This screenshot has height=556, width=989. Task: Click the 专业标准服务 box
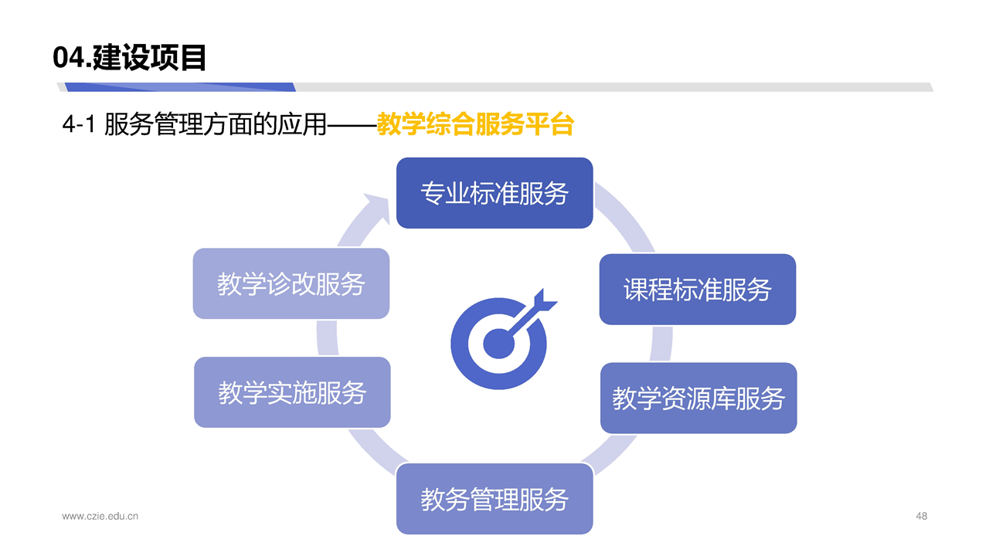(494, 193)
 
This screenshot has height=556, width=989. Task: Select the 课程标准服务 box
(698, 290)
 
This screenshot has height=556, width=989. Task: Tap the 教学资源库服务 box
(698, 398)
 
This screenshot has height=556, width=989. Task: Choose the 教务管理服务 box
(494, 499)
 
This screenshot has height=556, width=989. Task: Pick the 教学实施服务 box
(292, 392)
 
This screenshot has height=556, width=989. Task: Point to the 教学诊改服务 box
(291, 283)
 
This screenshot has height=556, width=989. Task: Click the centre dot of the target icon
(499, 344)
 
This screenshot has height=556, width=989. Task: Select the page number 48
(922, 516)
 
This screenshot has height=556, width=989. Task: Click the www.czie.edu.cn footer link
(100, 517)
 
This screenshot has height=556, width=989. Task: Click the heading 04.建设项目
(129, 57)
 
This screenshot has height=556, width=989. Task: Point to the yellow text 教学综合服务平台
(475, 124)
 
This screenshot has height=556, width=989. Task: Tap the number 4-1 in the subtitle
(79, 124)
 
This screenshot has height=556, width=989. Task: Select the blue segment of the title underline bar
(180, 87)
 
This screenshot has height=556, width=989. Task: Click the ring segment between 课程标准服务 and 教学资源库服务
(661, 344)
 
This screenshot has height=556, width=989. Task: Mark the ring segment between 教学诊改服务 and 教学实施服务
(327, 338)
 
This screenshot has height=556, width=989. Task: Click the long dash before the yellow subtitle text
(352, 125)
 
